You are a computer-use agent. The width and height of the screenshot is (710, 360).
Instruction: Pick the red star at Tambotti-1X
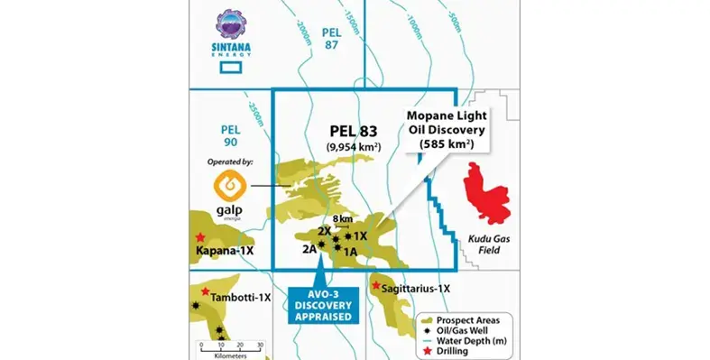(x=206, y=291)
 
